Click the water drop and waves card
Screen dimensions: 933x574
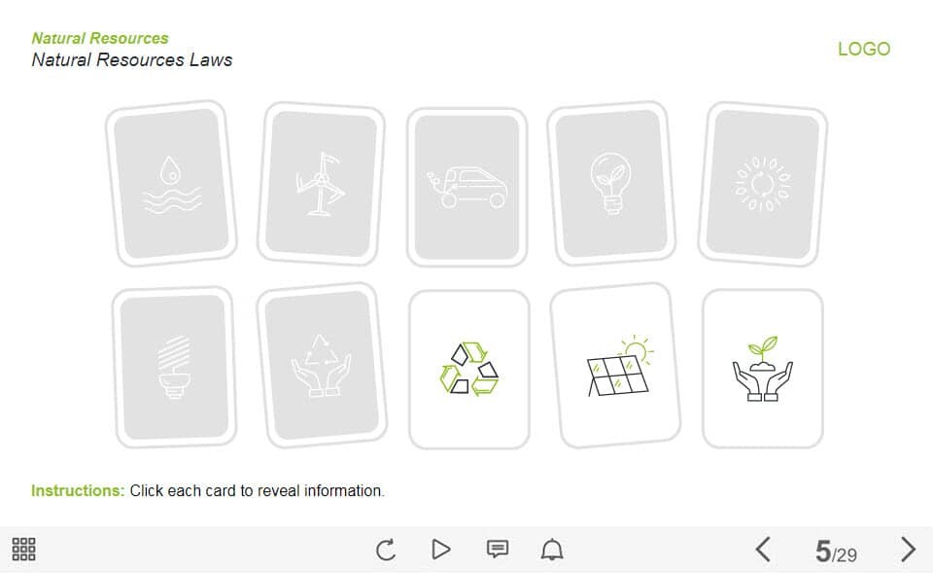[171, 184]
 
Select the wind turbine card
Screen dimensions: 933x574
[321, 184]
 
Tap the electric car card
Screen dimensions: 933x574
[467, 187]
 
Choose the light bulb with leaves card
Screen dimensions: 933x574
[611, 184]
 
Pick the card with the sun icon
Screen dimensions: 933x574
[763, 184]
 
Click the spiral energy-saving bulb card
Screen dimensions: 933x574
[174, 368]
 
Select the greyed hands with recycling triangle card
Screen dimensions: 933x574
[322, 366]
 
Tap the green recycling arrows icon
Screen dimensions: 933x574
[468, 368]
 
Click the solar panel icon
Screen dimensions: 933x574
[620, 366]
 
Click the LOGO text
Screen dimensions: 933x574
[864, 49]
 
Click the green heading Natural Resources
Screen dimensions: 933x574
[100, 38]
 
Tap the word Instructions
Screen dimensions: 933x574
[78, 490]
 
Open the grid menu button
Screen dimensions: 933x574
[23, 549]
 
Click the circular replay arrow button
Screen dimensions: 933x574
[386, 550]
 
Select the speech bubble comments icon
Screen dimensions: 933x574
[498, 549]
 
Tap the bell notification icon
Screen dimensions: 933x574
[552, 549]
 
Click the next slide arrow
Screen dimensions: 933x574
[908, 549]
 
